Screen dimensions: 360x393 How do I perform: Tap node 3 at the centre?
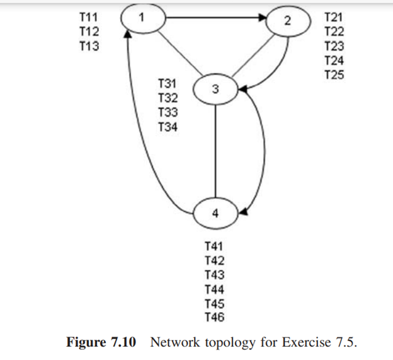[x=216, y=90]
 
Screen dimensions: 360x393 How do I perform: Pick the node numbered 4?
[x=216, y=212]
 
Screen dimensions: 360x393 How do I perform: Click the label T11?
[x=89, y=15]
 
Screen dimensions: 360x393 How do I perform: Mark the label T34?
[x=168, y=127]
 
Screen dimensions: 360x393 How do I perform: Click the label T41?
[x=215, y=246]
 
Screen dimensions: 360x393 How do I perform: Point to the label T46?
[x=215, y=317]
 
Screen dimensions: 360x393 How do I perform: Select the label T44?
[x=215, y=289]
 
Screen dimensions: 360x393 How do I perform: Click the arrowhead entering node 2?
[x=264, y=18]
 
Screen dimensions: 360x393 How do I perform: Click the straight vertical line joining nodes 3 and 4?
[x=216, y=151]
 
